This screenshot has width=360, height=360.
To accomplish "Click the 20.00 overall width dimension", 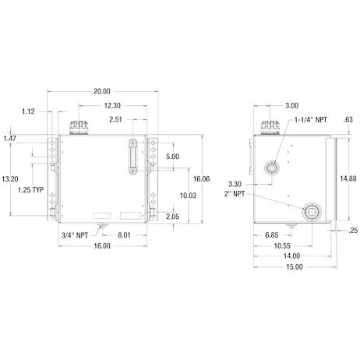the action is pyautogui.click(x=102, y=91).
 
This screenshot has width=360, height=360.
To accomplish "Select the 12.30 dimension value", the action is pyautogui.click(x=112, y=106).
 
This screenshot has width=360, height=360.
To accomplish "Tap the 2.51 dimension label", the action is pyautogui.click(x=115, y=119).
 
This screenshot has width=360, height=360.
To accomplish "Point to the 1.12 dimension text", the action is pyautogui.click(x=28, y=111).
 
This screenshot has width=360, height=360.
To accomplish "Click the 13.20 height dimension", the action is pyautogui.click(x=10, y=179).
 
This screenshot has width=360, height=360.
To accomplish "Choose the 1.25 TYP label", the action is pyautogui.click(x=30, y=190).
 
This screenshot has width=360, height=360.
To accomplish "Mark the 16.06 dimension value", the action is pyautogui.click(x=201, y=178).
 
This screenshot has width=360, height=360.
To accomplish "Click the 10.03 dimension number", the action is pyautogui.click(x=188, y=196).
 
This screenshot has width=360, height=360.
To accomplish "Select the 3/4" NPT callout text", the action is pyautogui.click(x=75, y=235).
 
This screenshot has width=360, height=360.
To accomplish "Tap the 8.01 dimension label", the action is pyautogui.click(x=124, y=235).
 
